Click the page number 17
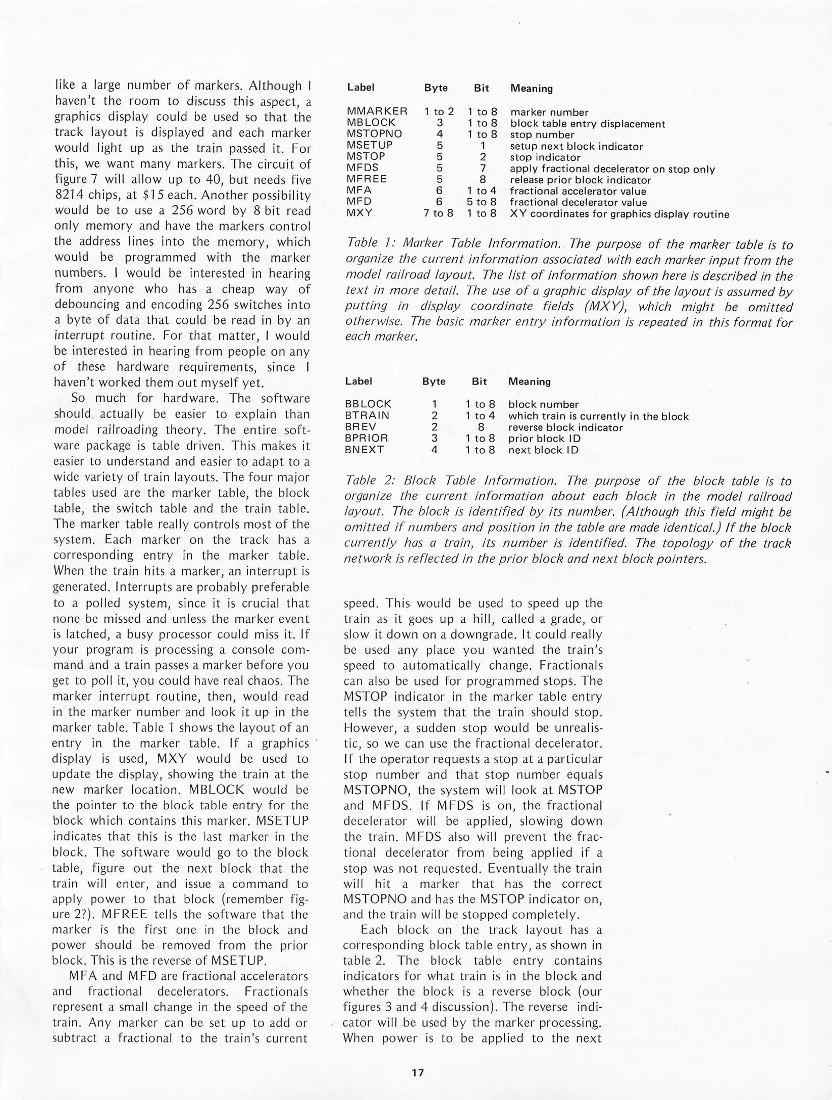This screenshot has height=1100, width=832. pos(417,1072)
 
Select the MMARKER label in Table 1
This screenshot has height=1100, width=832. pos(377,112)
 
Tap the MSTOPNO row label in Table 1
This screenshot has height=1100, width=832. pos(374,134)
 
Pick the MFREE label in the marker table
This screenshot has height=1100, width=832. pos(366,179)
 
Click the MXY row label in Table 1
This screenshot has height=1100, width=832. pos(359,213)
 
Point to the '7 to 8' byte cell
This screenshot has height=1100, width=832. pos(438,213)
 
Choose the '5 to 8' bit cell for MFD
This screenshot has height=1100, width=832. pos(482,202)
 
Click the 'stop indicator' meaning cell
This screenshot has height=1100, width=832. pos(545,157)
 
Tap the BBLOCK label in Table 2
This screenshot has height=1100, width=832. pos(368,404)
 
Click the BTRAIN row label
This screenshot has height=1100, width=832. pos(367,416)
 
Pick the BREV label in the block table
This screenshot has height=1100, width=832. pos(360,427)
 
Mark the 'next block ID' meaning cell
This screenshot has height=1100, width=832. pos(543,450)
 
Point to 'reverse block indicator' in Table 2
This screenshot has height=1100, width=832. pos(565,427)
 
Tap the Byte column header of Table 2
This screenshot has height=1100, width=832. pos(434,381)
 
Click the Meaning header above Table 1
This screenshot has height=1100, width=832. pos(531,89)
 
